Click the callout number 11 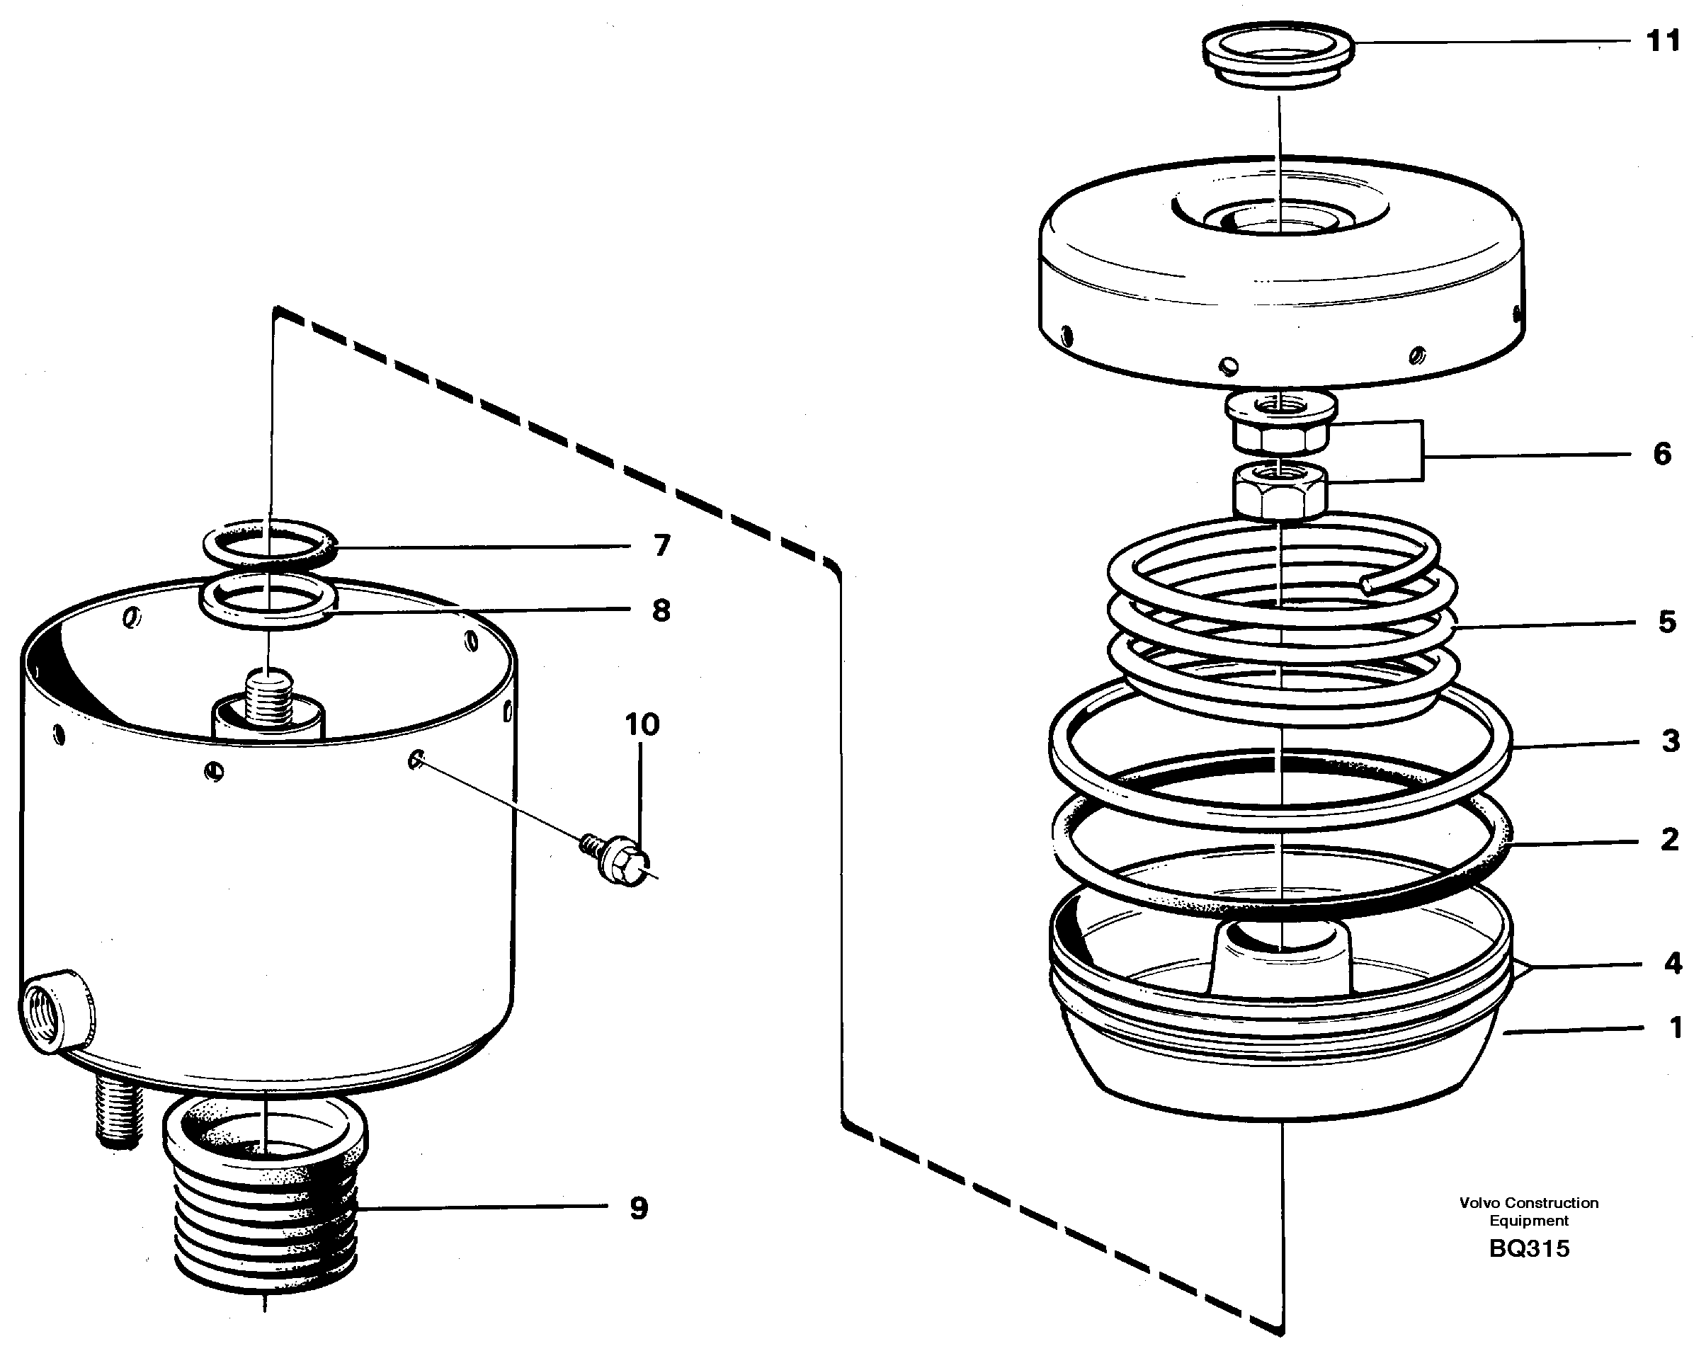point(1663,41)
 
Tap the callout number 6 point(1661,454)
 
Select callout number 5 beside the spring point(1666,622)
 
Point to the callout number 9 point(638,1208)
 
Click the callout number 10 point(642,724)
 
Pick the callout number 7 point(662,545)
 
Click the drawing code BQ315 point(1528,1249)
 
